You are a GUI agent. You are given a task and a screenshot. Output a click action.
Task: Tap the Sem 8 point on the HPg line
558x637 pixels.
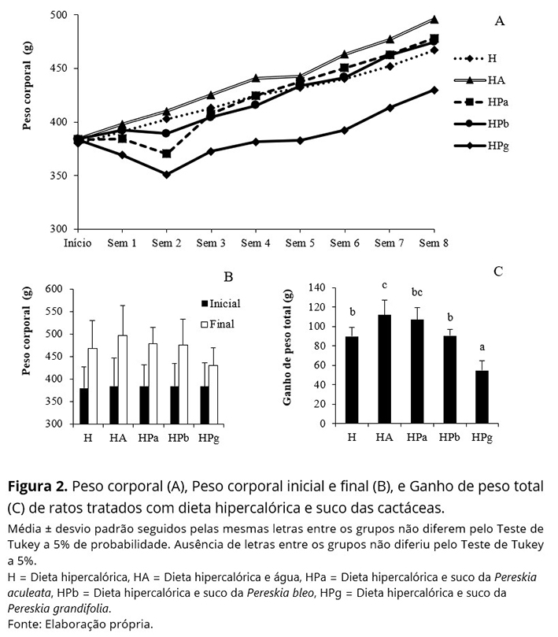[x=434, y=90]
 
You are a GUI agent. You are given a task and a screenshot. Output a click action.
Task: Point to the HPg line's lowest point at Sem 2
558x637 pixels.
[x=166, y=174]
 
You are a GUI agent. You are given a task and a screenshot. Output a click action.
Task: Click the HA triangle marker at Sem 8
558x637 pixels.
[x=434, y=19]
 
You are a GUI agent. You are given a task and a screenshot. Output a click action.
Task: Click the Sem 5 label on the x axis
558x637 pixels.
[x=300, y=244]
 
